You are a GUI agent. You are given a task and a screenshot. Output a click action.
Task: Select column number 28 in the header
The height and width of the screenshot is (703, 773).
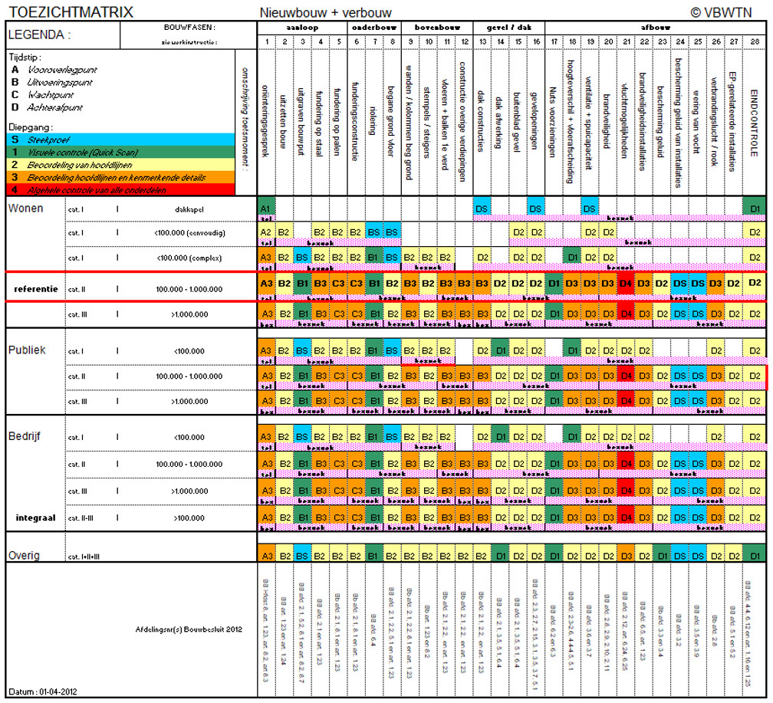[x=755, y=41]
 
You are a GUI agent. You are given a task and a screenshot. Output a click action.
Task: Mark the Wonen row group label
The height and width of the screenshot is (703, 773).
[x=28, y=209]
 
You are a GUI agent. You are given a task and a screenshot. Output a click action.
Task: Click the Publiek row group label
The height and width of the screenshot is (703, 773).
[x=28, y=350]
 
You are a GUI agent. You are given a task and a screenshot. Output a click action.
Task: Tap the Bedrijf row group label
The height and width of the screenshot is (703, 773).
[x=25, y=436]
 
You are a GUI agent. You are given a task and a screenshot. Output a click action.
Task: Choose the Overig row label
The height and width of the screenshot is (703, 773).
[x=25, y=554]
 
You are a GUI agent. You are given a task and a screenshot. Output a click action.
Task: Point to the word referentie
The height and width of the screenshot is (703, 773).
[x=35, y=289]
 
